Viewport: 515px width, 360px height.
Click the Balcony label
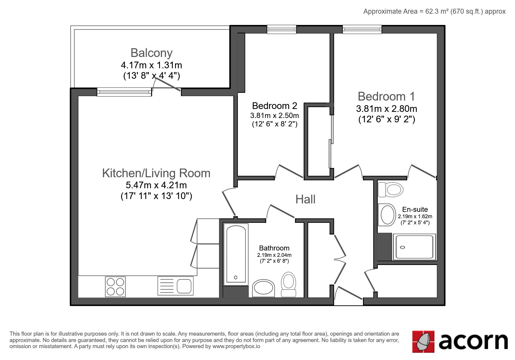tap(152, 53)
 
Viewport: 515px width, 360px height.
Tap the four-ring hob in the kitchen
tap(115, 286)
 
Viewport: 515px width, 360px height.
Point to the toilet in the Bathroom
tap(288, 284)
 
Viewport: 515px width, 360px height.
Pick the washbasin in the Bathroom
tap(263, 289)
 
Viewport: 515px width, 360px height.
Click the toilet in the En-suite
tap(391, 190)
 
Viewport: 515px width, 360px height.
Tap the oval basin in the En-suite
tap(387, 215)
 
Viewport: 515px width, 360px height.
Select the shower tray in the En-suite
tap(414, 247)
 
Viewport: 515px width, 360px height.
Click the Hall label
tap(305, 199)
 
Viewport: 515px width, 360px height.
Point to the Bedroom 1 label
tap(386, 96)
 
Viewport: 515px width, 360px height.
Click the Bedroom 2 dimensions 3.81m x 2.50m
tap(275, 115)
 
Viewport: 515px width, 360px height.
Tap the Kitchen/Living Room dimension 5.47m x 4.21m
tap(156, 185)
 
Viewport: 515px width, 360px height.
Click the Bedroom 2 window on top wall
tap(282, 29)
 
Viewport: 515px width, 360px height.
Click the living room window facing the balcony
tap(124, 92)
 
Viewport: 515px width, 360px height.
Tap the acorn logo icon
tap(423, 341)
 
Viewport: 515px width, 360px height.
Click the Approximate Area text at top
tap(434, 11)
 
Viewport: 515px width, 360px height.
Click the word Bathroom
tap(274, 248)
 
